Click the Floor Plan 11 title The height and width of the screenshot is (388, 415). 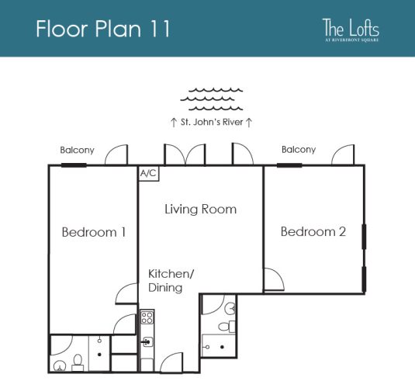[x=102, y=29]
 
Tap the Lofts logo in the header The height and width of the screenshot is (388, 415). [x=351, y=29]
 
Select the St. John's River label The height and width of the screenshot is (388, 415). [x=212, y=122]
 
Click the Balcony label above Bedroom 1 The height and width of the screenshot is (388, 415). [x=77, y=150]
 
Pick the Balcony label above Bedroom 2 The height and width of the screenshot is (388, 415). [x=298, y=150]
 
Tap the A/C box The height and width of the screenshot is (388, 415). [x=148, y=174]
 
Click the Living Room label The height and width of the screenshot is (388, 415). [x=200, y=210]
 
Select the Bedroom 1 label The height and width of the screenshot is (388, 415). [x=94, y=232]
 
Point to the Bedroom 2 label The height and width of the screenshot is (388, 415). [x=312, y=231]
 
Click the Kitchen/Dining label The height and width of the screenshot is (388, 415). [x=166, y=281]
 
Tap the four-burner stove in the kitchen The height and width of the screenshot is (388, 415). [x=147, y=317]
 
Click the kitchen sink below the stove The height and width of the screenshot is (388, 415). [x=146, y=341]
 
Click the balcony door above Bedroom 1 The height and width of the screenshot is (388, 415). [x=116, y=155]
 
